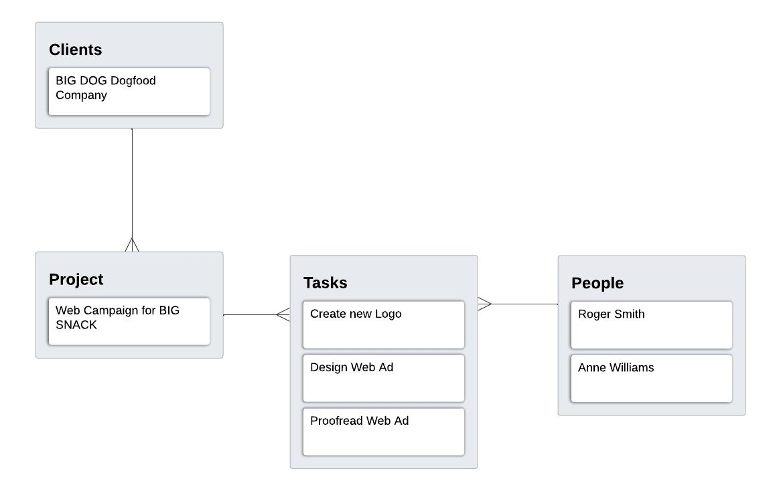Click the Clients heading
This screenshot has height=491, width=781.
click(76, 50)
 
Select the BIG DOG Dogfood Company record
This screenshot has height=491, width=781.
click(129, 91)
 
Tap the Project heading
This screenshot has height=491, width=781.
click(76, 280)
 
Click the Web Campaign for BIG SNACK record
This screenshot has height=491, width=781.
click(129, 321)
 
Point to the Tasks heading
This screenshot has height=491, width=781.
click(326, 283)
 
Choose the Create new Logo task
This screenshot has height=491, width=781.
click(383, 324)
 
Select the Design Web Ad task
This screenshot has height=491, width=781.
click(383, 378)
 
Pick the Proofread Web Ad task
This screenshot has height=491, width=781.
click(383, 431)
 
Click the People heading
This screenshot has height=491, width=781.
click(597, 284)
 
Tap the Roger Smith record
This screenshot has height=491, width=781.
click(651, 324)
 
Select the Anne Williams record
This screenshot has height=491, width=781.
click(651, 378)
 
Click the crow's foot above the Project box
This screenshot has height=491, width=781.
click(132, 245)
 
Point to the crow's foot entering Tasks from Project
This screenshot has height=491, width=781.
click(283, 314)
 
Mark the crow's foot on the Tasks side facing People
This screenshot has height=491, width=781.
click(485, 304)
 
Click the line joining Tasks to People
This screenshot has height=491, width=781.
click(526, 304)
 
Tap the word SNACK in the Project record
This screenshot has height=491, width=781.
click(76, 325)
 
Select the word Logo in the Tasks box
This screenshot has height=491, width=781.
click(388, 314)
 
